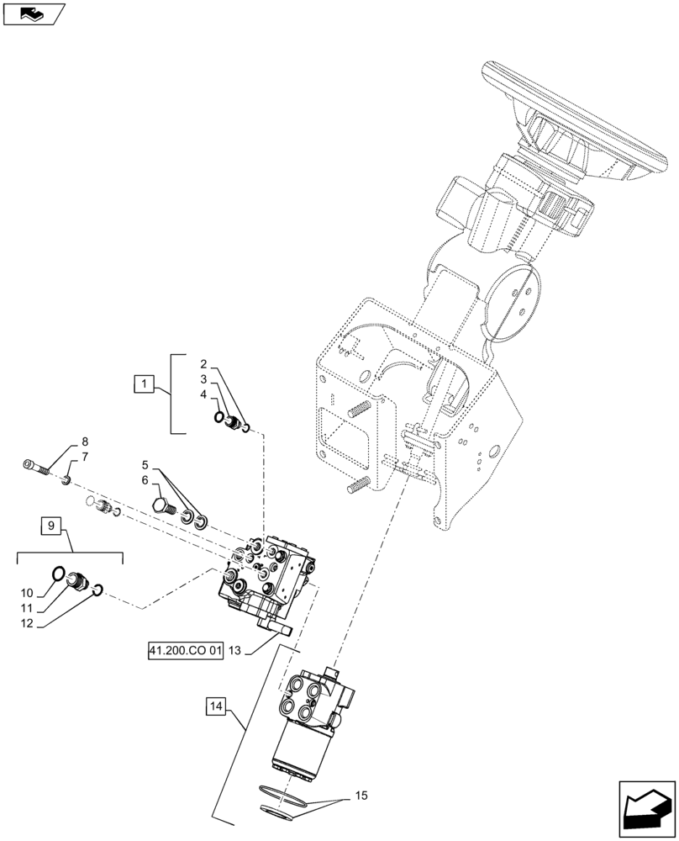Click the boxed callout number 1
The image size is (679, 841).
click(x=145, y=385)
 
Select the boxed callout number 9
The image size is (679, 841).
click(x=51, y=527)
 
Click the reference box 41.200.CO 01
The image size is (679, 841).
click(x=182, y=651)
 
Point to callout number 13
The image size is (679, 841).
click(x=234, y=651)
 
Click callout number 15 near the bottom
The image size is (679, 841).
click(x=361, y=795)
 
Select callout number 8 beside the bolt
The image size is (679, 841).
click(x=85, y=442)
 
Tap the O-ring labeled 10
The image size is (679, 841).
click(x=57, y=574)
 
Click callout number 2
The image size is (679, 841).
click(x=203, y=364)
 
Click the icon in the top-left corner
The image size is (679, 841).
click(x=33, y=13)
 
